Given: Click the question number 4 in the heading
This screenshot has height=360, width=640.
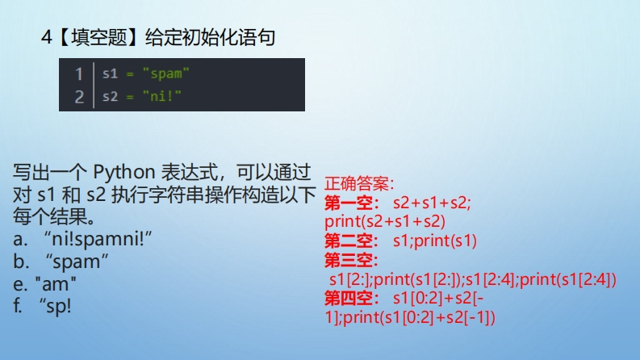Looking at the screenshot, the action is [47, 38].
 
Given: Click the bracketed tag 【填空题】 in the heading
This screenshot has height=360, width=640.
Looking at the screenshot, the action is [98, 38].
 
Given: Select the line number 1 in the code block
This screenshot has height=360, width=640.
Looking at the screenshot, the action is [79, 74].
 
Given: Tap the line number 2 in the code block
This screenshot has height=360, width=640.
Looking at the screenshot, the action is [79, 97].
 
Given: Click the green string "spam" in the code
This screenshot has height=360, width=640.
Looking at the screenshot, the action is [166, 74].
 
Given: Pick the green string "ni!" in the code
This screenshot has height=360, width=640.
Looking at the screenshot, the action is [162, 96].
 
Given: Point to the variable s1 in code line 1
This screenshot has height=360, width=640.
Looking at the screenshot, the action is [110, 74].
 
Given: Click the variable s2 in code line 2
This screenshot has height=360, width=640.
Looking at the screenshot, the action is [110, 97].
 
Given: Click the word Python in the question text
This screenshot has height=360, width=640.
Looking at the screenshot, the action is [124, 173].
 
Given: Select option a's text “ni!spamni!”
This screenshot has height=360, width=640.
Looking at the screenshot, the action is [98, 239].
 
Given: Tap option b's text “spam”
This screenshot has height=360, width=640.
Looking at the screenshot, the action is [77, 262].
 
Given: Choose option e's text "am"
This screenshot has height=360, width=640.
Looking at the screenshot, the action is [56, 284].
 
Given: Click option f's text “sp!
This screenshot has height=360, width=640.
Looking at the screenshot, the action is [56, 307].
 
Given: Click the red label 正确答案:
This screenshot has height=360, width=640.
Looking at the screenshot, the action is [359, 184].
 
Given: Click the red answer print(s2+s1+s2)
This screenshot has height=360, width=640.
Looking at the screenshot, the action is [385, 222].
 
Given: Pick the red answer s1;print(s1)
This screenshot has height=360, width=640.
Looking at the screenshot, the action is [435, 241].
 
